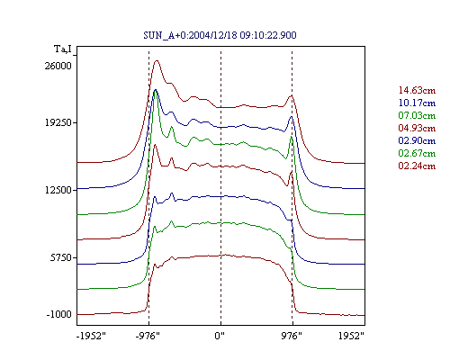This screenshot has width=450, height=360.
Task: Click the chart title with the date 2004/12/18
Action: [220, 35]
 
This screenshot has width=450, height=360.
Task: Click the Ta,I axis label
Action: [63, 49]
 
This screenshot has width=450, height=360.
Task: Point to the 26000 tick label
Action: [58, 66]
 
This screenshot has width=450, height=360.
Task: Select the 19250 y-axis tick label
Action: [58, 122]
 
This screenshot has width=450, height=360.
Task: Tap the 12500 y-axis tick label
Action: [58, 190]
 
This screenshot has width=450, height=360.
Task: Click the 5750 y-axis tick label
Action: [61, 257]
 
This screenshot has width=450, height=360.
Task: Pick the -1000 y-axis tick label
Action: [59, 314]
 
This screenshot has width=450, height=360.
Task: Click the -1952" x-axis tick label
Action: [92, 336]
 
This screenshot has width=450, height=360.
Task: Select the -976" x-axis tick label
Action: [148, 336]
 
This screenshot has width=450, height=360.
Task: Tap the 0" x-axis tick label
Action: [220, 336]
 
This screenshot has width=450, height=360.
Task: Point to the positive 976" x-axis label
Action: [292, 336]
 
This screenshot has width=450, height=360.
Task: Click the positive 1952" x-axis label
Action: [351, 336]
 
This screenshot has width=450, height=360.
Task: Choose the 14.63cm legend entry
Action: [417, 90]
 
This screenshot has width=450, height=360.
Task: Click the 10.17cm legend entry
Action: [417, 103]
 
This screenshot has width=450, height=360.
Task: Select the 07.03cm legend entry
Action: [417, 115]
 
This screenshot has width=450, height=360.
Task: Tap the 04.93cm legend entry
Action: [417, 128]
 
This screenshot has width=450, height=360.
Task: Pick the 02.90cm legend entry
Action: [417, 140]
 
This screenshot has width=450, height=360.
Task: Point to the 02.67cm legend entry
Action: [417, 153]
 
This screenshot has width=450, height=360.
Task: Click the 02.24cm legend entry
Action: [417, 166]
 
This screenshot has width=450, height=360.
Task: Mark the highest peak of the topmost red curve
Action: [157, 60]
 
